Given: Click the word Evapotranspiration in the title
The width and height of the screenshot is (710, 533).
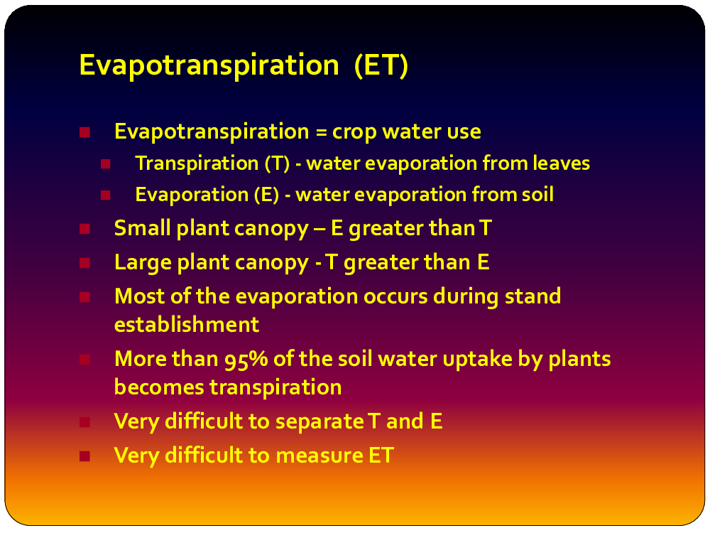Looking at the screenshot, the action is point(209,65).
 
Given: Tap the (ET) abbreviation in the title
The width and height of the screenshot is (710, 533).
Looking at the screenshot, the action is point(381,65).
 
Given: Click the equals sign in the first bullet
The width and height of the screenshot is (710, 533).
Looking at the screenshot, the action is point(321,132).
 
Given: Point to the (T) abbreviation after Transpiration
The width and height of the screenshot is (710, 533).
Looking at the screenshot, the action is point(277,163).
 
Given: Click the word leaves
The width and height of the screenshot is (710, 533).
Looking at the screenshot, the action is point(561,163).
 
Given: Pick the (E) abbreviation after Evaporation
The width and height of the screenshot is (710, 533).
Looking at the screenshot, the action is point(266,195).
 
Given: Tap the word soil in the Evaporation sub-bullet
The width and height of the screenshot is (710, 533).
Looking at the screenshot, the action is point(537,195).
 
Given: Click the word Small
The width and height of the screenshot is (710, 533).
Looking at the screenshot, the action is point(142,228).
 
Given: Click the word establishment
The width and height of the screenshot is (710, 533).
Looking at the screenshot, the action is point(187,325).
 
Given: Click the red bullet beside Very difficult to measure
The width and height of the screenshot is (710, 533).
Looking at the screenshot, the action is point(84,456).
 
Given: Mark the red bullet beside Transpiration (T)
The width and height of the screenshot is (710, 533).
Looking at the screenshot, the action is point(106,163).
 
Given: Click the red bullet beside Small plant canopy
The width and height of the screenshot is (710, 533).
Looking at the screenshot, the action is point(84,229).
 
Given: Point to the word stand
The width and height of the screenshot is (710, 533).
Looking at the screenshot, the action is point(533,296).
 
